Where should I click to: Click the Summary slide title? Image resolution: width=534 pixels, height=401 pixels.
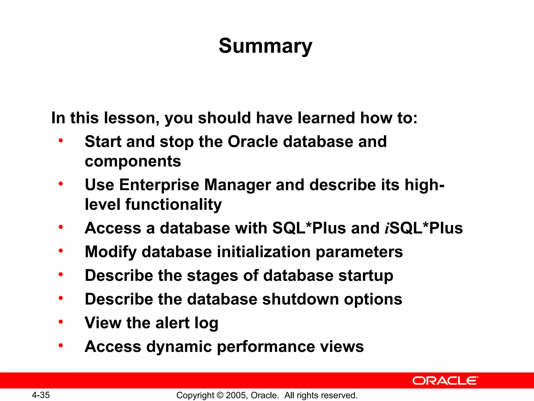tap(265, 46)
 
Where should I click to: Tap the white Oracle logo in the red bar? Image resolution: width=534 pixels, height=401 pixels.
tap(445, 381)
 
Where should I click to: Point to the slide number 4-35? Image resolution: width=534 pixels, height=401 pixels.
tap(41, 395)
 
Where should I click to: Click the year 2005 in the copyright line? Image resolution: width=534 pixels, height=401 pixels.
tap(235, 395)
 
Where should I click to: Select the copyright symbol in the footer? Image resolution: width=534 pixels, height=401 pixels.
tap(220, 395)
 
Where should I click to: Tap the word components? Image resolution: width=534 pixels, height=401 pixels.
tap(133, 161)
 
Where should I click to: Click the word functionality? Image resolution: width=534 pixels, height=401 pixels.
tap(173, 204)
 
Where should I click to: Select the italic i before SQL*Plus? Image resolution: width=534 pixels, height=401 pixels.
tap(387, 228)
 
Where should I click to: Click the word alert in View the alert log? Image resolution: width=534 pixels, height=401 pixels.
tap(172, 323)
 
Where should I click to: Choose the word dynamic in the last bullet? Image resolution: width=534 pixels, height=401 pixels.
tap(179, 347)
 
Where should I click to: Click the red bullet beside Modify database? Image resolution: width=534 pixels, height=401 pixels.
tap(61, 251)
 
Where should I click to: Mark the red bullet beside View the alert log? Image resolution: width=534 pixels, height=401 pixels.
tap(61, 322)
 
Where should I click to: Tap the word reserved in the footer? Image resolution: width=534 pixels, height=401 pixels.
tap(340, 395)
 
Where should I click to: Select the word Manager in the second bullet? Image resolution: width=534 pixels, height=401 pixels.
tap(238, 185)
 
